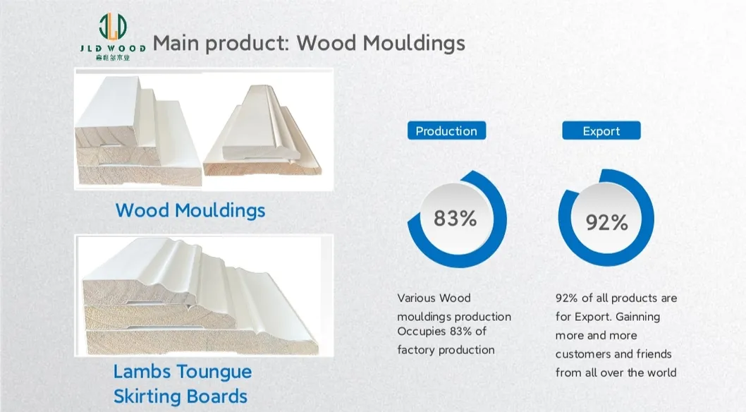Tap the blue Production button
[446, 131]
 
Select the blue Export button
[601, 131]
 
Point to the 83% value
[455, 219]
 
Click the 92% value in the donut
[606, 222]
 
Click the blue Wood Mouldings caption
[190, 210]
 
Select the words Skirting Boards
[181, 396]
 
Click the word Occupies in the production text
[422, 331]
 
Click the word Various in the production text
[415, 298]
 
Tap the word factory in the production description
[416, 349]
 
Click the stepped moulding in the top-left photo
[137, 131]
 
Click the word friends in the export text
[652, 353]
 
